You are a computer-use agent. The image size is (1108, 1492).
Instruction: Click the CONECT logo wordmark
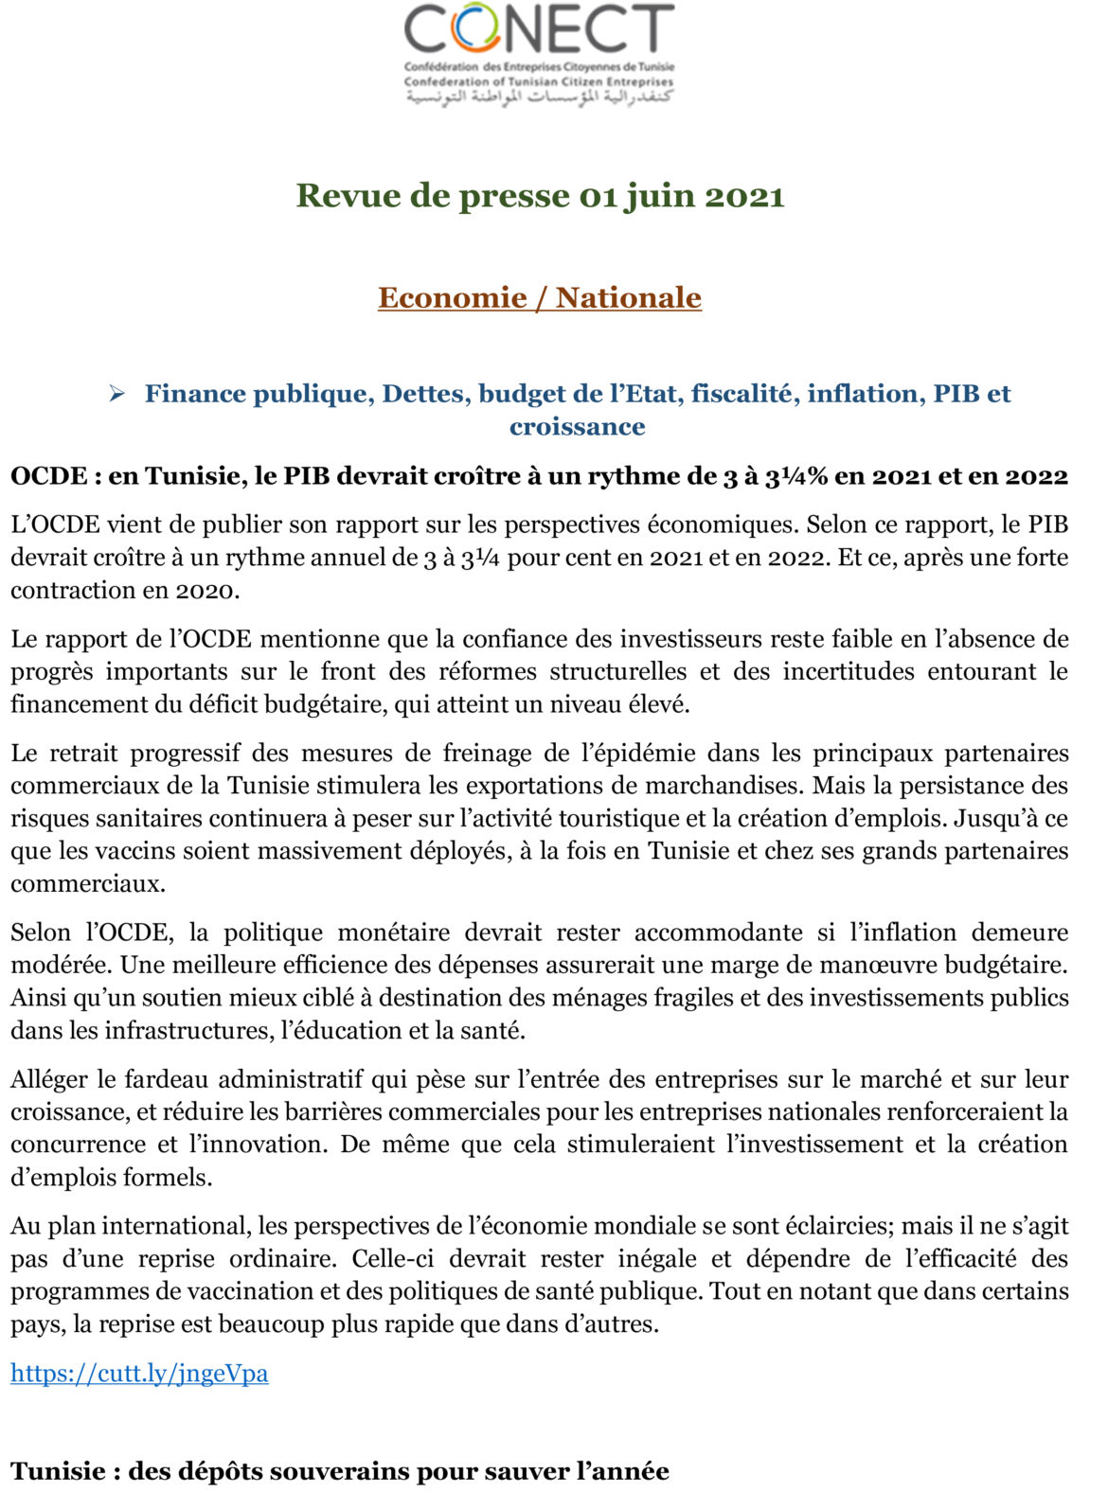539,29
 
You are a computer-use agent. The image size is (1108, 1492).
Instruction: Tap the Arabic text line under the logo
539,98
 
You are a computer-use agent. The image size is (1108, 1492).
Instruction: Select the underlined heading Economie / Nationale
539,297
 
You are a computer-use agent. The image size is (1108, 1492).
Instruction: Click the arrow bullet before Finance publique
117,394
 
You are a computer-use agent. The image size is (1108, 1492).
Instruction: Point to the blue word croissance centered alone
577,426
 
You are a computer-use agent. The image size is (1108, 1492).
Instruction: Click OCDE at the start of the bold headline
48,475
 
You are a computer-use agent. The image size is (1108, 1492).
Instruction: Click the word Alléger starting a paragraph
50,1079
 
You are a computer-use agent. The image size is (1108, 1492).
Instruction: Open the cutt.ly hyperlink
139,1373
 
